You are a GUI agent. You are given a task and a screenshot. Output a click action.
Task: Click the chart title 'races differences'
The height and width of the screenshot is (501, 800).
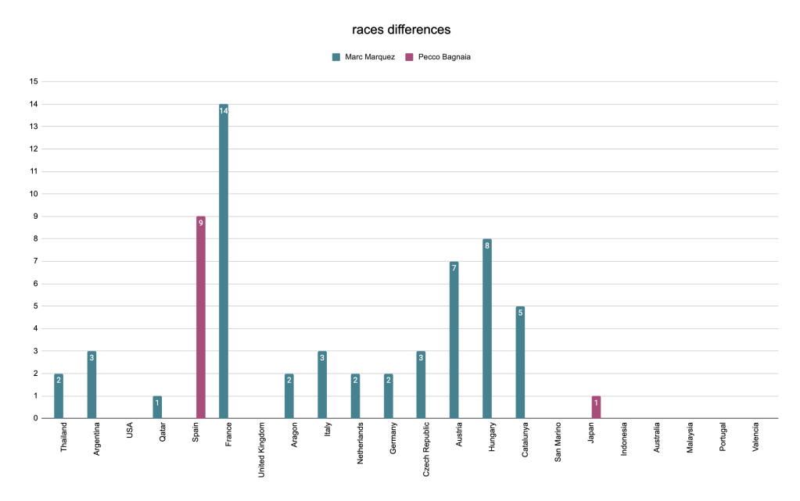point(400,30)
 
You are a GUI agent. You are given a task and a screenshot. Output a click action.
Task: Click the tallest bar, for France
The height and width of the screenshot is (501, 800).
point(224,261)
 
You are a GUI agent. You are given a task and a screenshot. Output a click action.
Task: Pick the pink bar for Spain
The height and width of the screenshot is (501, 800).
point(201,317)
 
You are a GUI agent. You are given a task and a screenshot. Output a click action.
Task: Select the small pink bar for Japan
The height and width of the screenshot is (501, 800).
point(596,407)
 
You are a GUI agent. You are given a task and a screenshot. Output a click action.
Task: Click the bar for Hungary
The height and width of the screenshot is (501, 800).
point(487,328)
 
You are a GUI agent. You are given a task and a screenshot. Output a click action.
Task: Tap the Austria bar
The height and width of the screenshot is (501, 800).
point(454,340)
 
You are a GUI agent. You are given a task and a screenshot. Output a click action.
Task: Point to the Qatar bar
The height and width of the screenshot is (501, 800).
point(157,407)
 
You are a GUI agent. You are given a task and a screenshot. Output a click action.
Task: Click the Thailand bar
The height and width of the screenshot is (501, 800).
point(59,396)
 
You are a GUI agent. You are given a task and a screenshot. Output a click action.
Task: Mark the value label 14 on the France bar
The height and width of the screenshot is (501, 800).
point(224,111)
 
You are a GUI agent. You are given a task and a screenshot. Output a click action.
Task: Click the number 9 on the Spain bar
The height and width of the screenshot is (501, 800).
point(201,224)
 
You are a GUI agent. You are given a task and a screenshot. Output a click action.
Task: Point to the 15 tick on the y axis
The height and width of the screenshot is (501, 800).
point(33,81)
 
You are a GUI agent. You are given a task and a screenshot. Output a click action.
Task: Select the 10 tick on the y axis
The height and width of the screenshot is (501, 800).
point(33,194)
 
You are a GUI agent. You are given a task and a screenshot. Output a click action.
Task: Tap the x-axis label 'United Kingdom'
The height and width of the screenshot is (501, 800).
point(261,449)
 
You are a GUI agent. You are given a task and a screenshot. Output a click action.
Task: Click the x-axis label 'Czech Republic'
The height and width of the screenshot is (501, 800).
point(425,449)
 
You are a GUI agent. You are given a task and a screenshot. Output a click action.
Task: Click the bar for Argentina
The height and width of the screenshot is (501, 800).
point(91,385)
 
